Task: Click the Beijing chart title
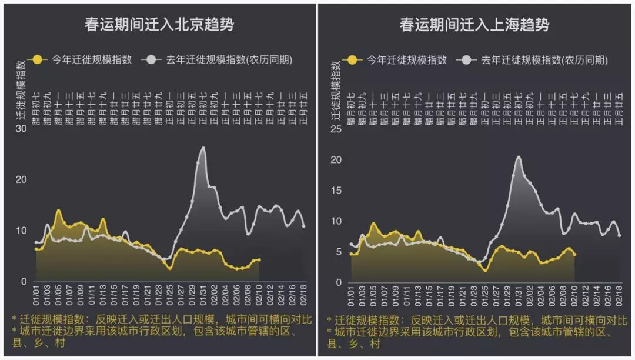(x=159, y=25)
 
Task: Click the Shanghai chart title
(x=474, y=25)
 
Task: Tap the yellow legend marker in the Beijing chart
(x=38, y=59)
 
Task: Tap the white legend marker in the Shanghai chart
(x=469, y=59)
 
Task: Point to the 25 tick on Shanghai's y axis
(x=336, y=129)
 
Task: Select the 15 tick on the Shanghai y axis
(x=336, y=190)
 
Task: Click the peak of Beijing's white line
(x=203, y=148)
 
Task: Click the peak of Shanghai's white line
(x=519, y=157)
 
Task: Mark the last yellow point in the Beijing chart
(x=259, y=259)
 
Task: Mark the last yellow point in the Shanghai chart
(x=574, y=255)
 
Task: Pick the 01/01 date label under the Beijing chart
(x=37, y=295)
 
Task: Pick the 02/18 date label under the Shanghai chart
(x=619, y=295)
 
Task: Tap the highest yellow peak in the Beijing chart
(x=58, y=211)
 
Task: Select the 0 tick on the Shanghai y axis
(x=339, y=282)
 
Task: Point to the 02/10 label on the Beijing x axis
(x=259, y=295)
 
